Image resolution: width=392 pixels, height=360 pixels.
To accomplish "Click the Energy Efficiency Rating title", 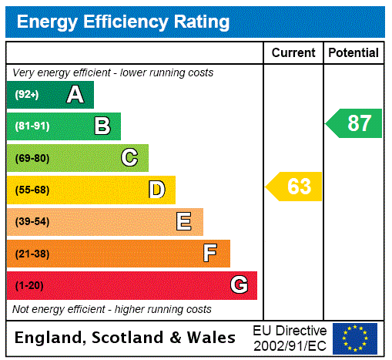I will (x=123, y=22).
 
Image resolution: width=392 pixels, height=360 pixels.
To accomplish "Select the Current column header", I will (x=293, y=53).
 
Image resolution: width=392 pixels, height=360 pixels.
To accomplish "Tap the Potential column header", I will (x=353, y=53).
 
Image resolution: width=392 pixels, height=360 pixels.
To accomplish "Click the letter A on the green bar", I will (x=75, y=95).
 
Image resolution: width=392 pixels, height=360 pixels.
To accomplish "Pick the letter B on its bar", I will (x=102, y=126).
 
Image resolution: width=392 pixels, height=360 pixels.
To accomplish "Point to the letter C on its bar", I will (x=129, y=158).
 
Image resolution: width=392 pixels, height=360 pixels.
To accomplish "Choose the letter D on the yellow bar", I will (x=157, y=190).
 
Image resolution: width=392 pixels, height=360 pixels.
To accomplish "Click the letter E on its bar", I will (x=184, y=222).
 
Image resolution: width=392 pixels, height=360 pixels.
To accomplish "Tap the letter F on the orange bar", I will (x=210, y=254).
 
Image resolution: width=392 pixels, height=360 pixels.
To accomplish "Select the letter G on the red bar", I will (x=239, y=285).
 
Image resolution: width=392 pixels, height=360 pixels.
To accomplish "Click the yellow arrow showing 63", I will (x=294, y=187).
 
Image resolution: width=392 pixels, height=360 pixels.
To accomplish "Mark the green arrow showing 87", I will (x=354, y=123).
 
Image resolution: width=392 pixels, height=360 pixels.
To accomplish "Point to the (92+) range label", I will (x=26, y=95).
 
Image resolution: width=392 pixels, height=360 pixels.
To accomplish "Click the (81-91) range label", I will (x=32, y=126).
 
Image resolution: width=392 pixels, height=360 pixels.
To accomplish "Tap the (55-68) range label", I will (x=32, y=190).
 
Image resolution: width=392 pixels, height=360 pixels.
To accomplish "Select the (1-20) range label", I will (x=29, y=286).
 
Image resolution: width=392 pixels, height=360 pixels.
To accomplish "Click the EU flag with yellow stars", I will (x=355, y=338).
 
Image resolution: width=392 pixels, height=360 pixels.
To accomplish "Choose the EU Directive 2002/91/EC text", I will (x=290, y=338).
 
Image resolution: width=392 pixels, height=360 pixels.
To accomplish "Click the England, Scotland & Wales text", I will (x=126, y=338).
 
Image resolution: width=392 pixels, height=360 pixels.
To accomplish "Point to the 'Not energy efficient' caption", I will (x=112, y=309).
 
